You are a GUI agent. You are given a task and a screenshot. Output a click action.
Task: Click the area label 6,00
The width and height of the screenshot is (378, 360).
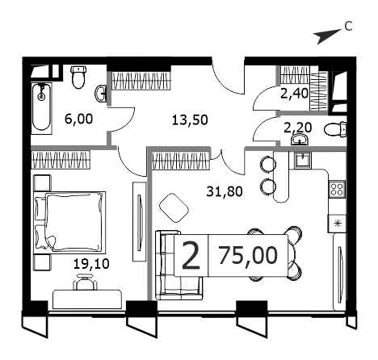click(79, 119)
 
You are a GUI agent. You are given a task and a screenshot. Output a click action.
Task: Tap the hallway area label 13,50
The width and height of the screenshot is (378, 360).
click(190, 120)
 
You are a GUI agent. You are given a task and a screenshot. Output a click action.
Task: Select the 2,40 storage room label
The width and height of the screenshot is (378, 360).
click(294, 94)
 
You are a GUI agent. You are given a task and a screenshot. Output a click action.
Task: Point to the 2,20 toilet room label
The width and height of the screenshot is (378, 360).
click(298, 128)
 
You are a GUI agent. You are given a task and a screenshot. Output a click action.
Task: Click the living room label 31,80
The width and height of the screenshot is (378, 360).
click(225, 191)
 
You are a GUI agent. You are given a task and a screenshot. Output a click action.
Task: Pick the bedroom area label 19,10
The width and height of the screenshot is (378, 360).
click(91, 264)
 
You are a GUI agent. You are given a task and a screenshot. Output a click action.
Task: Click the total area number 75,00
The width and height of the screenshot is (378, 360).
click(248, 255)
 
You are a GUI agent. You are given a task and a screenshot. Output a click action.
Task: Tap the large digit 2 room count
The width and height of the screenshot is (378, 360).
click(191, 255)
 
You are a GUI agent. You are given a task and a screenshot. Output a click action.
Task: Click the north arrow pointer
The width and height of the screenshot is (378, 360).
click(329, 36)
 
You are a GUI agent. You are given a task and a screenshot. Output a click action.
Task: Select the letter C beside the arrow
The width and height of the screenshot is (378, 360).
click(348, 27)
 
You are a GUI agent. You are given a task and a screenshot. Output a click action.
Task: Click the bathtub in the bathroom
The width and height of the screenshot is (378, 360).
click(41, 108)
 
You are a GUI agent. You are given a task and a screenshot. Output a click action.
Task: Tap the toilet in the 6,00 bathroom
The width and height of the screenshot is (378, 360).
click(78, 77)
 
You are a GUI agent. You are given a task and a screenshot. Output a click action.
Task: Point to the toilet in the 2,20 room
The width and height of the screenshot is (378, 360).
click(335, 129)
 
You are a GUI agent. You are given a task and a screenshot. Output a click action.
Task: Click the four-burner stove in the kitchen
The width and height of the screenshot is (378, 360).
click(337, 189)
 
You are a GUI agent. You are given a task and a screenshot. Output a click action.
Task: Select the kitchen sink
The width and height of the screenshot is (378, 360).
click(303, 159)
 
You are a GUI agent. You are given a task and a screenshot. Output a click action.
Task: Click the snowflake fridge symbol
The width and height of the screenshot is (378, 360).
click(337, 224)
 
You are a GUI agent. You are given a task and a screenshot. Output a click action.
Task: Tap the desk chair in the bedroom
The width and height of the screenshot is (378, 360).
click(85, 282)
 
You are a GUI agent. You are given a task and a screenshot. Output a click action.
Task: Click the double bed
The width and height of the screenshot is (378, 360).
click(69, 223)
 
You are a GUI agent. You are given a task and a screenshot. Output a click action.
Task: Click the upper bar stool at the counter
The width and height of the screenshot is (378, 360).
click(267, 163)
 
